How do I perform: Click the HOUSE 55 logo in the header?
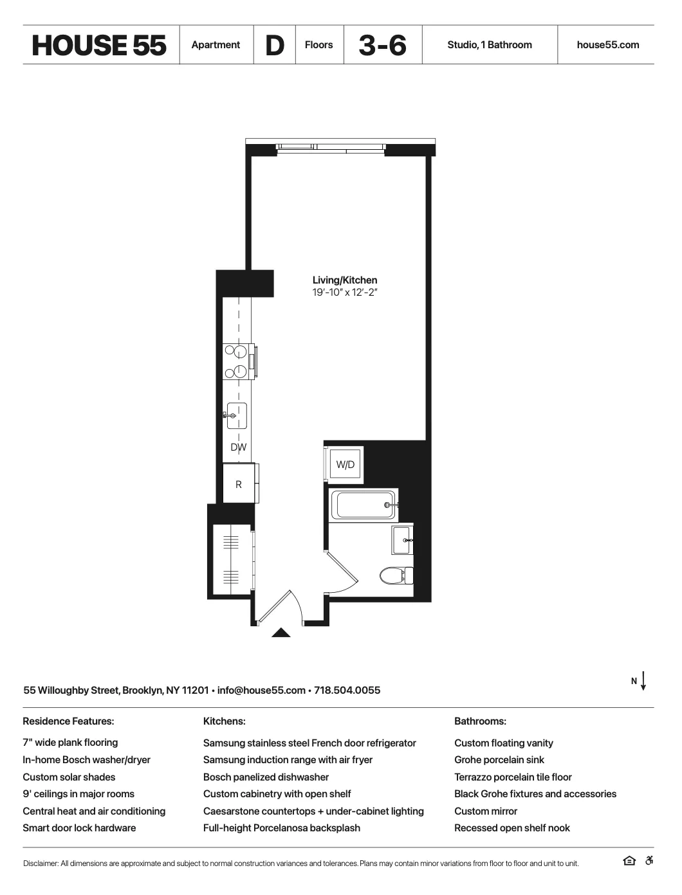99,45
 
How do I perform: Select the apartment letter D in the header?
275,45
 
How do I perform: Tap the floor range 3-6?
382,45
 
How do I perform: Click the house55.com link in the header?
607,45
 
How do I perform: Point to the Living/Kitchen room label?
345,280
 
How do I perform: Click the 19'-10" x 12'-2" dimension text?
345,293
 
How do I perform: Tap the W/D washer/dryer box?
346,464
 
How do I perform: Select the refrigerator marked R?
239,484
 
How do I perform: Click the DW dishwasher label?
239,447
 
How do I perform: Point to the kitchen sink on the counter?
236,415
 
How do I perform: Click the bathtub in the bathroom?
362,504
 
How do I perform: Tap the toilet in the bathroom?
394,574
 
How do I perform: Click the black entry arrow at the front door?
281,633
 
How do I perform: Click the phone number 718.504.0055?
347,691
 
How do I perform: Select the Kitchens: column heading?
224,721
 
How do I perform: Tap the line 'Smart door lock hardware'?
79,828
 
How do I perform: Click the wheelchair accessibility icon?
649,861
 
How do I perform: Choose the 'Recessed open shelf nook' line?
512,828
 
